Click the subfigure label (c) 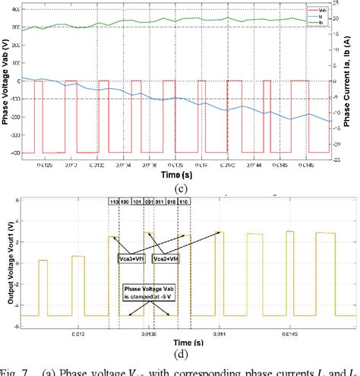(x=181, y=187)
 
